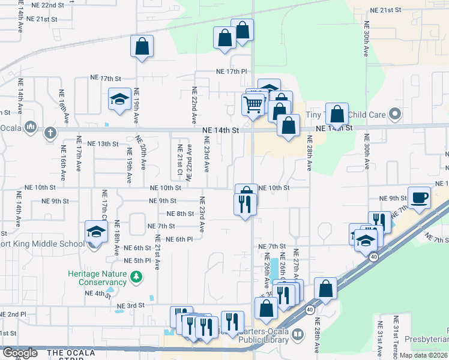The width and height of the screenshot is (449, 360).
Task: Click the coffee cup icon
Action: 419,196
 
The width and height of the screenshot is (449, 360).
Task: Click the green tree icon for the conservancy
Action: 137,277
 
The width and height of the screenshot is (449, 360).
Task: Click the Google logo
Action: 19,353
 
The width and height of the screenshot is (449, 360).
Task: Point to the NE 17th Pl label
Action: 232,71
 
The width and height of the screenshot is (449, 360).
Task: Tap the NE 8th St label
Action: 179,214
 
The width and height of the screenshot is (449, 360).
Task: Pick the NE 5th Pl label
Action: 137,260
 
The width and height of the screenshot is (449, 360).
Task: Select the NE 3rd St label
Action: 131,305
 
